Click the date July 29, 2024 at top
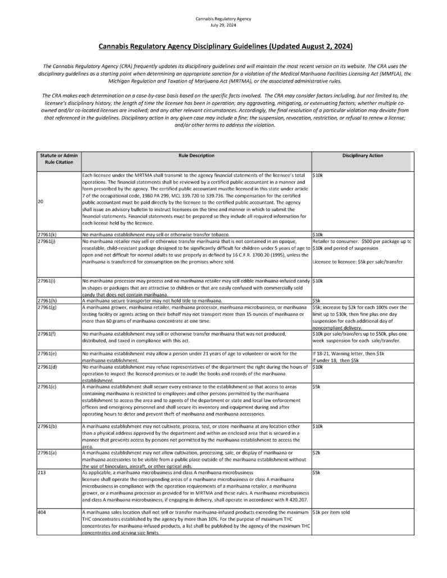[223, 25]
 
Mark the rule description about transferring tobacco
[157, 233]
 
